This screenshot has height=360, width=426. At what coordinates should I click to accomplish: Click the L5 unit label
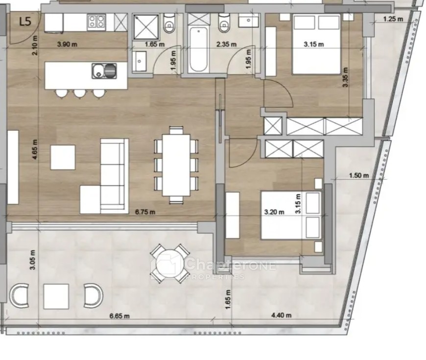pos(25,21)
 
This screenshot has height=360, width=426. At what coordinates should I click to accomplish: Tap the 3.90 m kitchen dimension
pos(67,44)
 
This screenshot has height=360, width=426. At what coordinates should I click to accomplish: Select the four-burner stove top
pos(96,22)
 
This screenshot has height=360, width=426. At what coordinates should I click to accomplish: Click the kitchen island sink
pos(104,71)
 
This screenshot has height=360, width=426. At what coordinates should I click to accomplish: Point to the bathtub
pos(199,50)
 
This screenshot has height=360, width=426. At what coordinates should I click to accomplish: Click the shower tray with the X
pos(145,27)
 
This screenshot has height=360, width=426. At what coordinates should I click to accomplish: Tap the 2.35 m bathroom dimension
pos(226,44)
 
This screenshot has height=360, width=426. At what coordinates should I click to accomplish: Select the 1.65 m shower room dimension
pos(155,44)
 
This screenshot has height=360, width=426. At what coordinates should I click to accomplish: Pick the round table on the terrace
pos(170,263)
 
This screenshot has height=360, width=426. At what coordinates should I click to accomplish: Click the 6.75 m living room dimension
pos(145,212)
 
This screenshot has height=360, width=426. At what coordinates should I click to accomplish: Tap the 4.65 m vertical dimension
pos(35,149)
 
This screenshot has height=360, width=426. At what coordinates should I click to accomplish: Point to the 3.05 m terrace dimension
pos(32,260)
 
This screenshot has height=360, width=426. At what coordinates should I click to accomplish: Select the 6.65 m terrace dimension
pos(119,316)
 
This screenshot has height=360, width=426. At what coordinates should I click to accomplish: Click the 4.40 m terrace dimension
pos(281,315)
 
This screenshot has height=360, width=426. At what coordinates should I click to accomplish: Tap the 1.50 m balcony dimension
pos(359,176)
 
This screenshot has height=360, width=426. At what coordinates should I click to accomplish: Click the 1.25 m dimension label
pos(393,19)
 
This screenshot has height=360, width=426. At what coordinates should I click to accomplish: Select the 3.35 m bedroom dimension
pos(345,77)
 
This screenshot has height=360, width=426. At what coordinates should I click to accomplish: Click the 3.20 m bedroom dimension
pos(274,212)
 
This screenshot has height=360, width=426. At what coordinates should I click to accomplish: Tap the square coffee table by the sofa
pos(63,157)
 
